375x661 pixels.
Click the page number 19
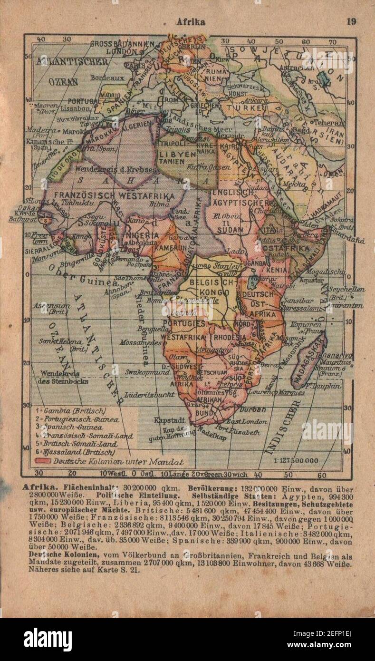pos(351,21)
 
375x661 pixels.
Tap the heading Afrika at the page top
pos(191,21)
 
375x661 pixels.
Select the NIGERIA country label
pos(141,236)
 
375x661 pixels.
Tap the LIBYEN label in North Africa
pos(177,155)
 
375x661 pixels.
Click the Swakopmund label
pos(147,372)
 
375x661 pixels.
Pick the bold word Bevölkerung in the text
pos(211,488)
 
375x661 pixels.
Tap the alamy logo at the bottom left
pos(48,639)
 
